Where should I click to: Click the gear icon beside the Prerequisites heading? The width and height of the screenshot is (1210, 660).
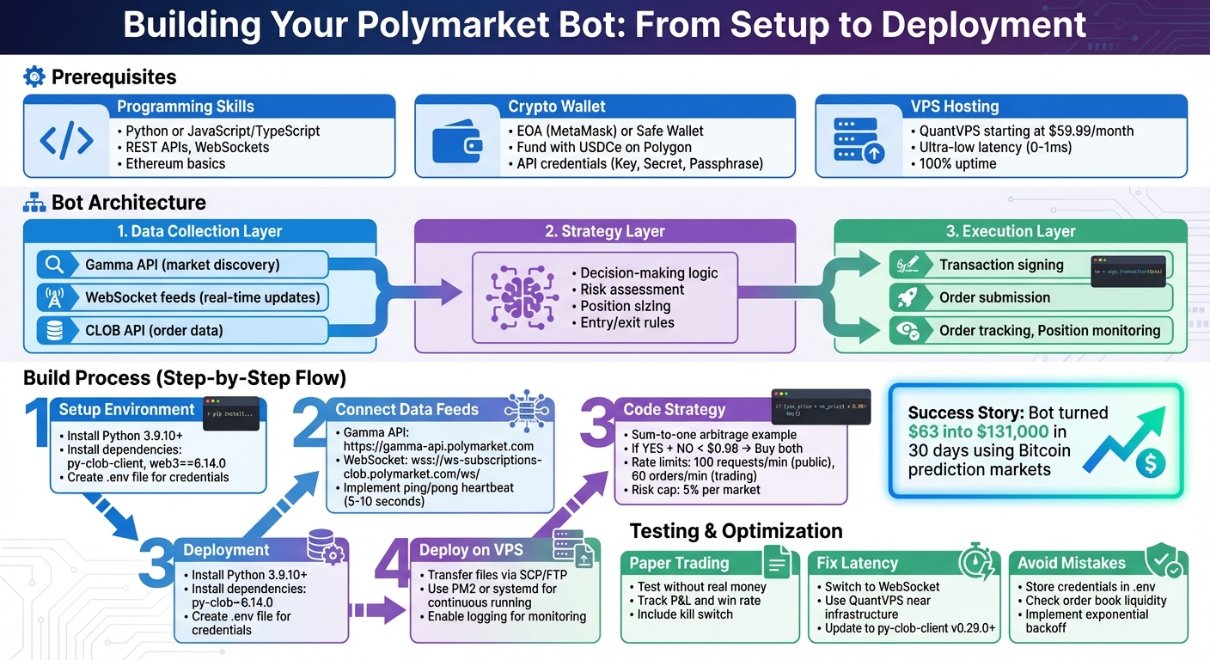click(x=34, y=77)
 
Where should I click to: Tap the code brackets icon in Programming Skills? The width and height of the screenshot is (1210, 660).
click(x=66, y=140)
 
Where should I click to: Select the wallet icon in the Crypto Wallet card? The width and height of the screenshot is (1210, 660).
click(x=458, y=140)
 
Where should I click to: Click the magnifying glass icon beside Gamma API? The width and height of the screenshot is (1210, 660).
click(x=54, y=265)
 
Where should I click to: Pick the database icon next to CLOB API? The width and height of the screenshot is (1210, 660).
click(x=54, y=331)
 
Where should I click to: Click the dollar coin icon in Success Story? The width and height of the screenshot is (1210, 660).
click(x=1150, y=463)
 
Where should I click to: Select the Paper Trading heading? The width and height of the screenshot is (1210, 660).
click(x=679, y=564)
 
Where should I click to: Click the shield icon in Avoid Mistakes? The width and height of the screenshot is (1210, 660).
click(x=1164, y=561)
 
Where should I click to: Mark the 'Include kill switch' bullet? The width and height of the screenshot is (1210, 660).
click(x=685, y=614)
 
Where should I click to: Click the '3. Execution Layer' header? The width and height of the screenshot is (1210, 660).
click(x=1011, y=231)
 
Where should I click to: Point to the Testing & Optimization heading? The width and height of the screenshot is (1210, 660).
click(x=736, y=530)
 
